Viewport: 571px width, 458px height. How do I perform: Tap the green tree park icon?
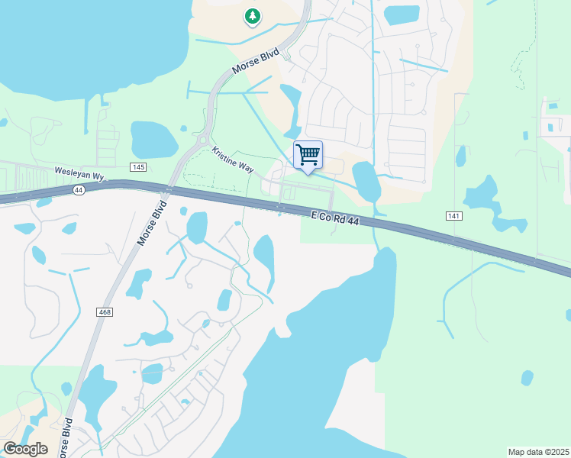(253, 16)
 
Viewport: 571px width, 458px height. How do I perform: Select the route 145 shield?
(137, 167)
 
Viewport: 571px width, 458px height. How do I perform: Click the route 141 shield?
(455, 217)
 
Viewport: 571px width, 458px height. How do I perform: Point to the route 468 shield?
(105, 312)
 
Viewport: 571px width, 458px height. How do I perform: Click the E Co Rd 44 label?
(334, 218)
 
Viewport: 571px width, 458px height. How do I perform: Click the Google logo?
(25, 449)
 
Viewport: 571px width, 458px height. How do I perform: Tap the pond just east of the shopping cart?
(366, 180)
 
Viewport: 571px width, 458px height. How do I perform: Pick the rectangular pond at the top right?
(402, 15)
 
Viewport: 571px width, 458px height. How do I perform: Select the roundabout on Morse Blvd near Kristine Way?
(203, 140)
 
